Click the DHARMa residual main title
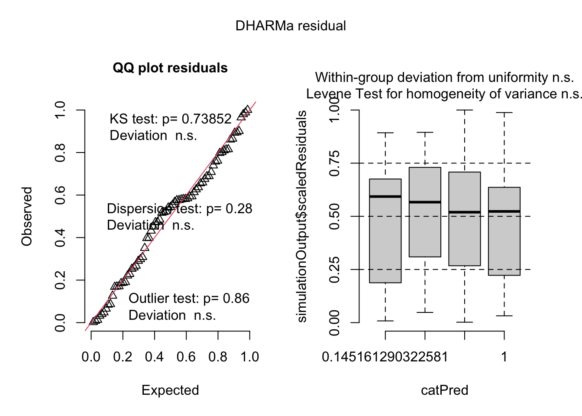(291, 26)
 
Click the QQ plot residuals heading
(170, 68)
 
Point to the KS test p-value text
(171, 119)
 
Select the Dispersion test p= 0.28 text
(180, 208)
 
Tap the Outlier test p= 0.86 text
(189, 299)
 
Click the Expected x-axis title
(170, 390)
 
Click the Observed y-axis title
(27, 216)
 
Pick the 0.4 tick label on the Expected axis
(155, 357)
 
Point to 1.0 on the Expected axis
(249, 357)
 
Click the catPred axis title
(445, 390)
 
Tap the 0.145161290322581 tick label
(385, 357)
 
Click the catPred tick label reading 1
(504, 357)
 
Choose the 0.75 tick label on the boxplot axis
(335, 163)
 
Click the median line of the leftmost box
(385, 196)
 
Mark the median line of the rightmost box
(504, 211)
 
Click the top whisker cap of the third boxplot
(465, 110)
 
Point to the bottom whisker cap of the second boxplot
(425, 312)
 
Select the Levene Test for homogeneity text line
(444, 94)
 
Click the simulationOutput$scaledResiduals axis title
(301, 216)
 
